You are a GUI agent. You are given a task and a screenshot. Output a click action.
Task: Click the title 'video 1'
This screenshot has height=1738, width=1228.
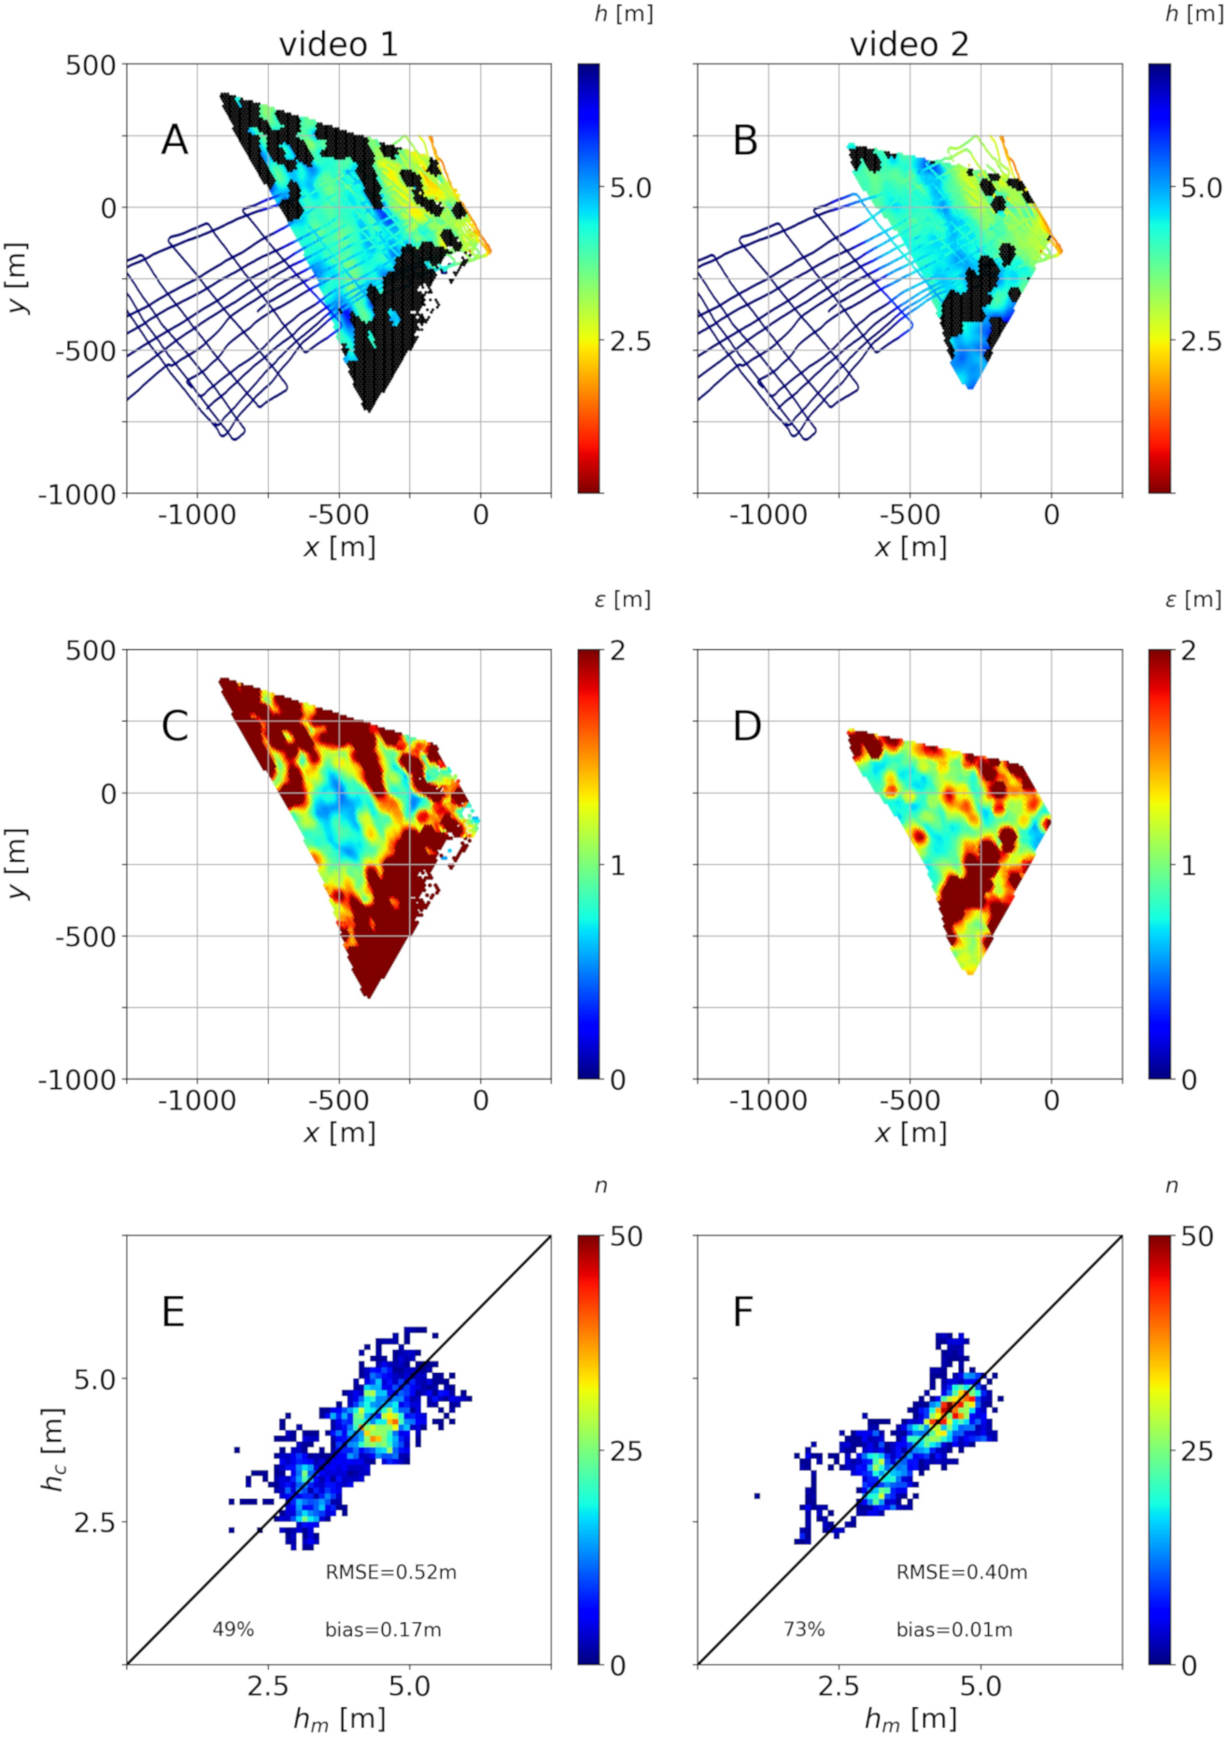click(338, 44)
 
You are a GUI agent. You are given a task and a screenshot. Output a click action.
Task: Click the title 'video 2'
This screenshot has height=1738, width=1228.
click(909, 44)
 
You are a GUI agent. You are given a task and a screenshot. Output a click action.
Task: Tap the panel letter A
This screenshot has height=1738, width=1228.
click(175, 141)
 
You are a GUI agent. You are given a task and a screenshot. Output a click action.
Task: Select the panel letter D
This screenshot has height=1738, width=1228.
click(746, 727)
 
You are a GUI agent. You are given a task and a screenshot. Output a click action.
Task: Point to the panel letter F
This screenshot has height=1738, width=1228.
click(743, 1312)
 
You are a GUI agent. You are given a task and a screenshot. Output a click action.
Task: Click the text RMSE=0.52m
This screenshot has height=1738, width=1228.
click(390, 1573)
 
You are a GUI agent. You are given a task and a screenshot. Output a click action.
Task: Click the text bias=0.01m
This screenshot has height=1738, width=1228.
click(953, 1630)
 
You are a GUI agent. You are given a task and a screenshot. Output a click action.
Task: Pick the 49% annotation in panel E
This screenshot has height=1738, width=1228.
click(233, 1629)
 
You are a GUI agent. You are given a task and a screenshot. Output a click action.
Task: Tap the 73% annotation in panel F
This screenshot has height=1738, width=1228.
click(804, 1629)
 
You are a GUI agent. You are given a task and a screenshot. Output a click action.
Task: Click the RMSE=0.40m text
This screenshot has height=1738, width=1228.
click(961, 1573)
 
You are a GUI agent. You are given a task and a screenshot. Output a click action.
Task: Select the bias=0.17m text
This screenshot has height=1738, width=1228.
click(383, 1630)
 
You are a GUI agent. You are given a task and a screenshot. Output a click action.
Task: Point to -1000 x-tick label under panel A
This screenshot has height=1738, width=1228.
click(196, 515)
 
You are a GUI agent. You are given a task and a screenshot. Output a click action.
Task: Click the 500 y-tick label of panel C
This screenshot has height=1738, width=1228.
click(91, 651)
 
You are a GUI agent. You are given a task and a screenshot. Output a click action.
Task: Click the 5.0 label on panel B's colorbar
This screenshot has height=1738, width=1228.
click(1200, 189)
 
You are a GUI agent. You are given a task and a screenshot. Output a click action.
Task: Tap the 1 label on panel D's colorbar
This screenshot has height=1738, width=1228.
click(1188, 866)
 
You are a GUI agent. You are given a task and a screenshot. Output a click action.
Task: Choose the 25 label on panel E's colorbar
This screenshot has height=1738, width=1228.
click(626, 1451)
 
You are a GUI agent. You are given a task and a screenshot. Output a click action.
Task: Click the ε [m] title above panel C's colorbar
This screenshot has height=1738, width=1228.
click(622, 600)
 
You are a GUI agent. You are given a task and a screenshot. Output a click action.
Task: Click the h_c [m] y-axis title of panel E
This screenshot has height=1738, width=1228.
click(53, 1449)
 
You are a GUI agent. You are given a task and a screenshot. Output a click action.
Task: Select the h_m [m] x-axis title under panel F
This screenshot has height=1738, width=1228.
click(910, 1717)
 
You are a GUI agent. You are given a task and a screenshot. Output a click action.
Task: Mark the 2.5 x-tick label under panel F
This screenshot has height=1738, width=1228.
click(838, 1687)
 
